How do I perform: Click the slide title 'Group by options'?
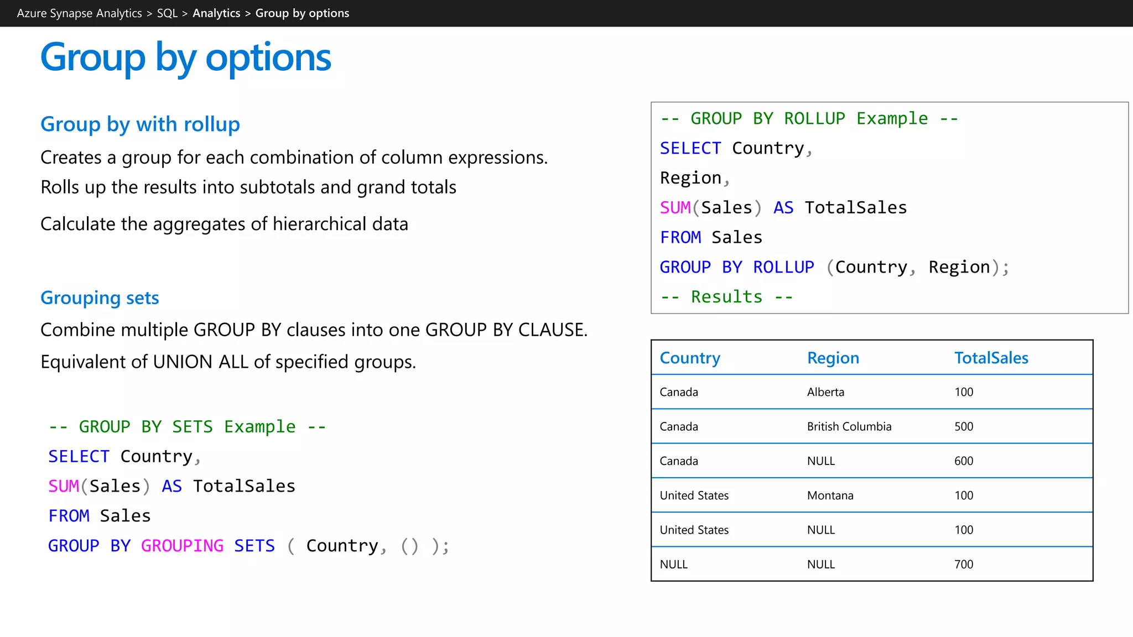point(186,58)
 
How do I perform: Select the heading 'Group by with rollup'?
point(140,124)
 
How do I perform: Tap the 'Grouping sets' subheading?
point(100,298)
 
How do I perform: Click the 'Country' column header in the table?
point(690,358)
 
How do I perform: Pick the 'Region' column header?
point(833,358)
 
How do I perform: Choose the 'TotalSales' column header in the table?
point(991,358)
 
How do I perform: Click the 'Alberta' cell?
point(825,392)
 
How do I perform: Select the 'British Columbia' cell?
point(849,426)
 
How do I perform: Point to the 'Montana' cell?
point(830,495)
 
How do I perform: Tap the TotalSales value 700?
point(963,564)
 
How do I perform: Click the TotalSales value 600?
point(963,461)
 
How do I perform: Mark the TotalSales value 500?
point(963,426)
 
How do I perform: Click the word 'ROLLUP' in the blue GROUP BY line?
point(783,267)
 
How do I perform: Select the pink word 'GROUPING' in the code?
point(182,546)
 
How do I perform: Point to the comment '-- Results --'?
point(726,297)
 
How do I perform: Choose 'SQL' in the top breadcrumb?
point(167,13)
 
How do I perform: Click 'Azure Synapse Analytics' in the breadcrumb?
point(79,13)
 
